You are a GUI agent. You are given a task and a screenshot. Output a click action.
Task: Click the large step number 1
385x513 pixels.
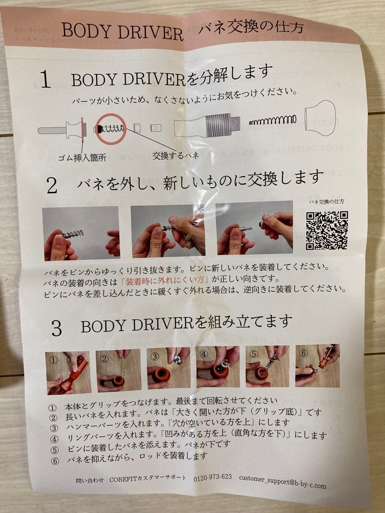tap(45, 79)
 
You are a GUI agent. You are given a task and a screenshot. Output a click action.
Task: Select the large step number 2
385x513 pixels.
tap(52, 186)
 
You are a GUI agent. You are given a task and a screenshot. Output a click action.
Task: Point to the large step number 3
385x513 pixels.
tap(56, 329)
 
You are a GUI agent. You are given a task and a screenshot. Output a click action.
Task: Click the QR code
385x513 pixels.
tap(326, 230)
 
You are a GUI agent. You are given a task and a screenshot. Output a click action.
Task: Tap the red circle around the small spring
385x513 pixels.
tap(110, 129)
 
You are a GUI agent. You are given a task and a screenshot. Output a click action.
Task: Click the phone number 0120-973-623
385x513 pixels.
tap(212, 477)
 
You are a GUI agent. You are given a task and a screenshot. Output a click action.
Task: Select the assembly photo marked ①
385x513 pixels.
tap(69, 372)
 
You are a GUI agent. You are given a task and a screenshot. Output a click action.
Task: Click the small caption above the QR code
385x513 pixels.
tap(326, 202)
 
